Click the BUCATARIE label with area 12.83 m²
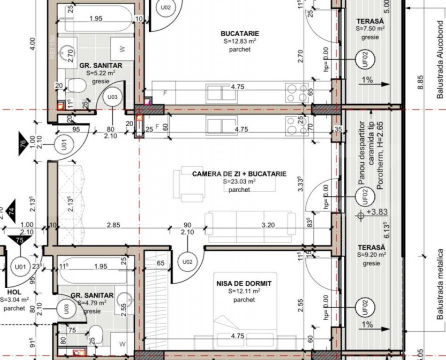pyautogui.click(x=240, y=33)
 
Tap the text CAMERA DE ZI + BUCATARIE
pyautogui.click(x=239, y=174)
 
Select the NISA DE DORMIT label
pyautogui.click(x=244, y=284)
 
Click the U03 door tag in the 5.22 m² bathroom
pyautogui.click(x=112, y=97)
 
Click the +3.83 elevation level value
pyautogui.click(x=376, y=212)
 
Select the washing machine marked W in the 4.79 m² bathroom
pyautogui.click(x=122, y=344)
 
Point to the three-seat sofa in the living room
pyautogui.click(x=250, y=225)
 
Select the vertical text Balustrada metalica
pyautogui.click(x=440, y=284)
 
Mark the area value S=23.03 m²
pyautogui.click(x=239, y=182)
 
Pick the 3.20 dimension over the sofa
pyautogui.click(x=268, y=225)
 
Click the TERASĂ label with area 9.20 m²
pyautogui.click(x=370, y=247)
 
